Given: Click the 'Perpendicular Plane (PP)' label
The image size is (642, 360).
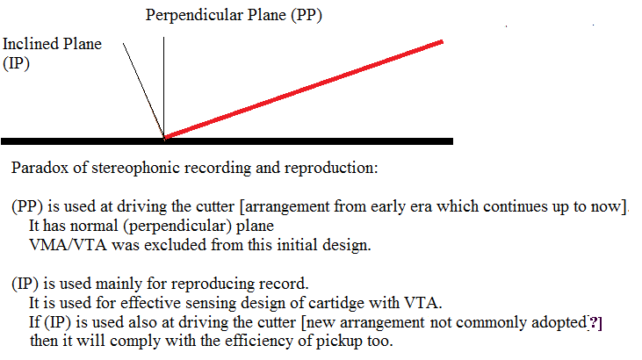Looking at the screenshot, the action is (x=234, y=16).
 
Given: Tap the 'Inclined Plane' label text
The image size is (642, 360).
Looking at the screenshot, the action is (x=52, y=44).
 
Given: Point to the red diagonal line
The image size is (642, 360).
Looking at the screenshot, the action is (x=303, y=90).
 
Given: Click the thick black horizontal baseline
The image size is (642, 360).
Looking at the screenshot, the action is (x=227, y=141).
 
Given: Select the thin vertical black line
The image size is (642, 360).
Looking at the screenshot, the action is (x=163, y=87).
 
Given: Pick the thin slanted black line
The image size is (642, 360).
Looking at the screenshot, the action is (x=143, y=90).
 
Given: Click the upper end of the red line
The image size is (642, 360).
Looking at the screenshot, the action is (x=442, y=41).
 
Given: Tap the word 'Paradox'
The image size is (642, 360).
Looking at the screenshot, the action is (x=40, y=168).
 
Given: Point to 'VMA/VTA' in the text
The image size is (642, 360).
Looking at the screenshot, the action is (x=68, y=245).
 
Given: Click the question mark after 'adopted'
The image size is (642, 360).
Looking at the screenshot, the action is (x=594, y=323).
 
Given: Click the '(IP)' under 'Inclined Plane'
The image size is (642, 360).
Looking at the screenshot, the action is (x=16, y=63).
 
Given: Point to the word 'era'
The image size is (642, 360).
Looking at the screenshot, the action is (x=422, y=207).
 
